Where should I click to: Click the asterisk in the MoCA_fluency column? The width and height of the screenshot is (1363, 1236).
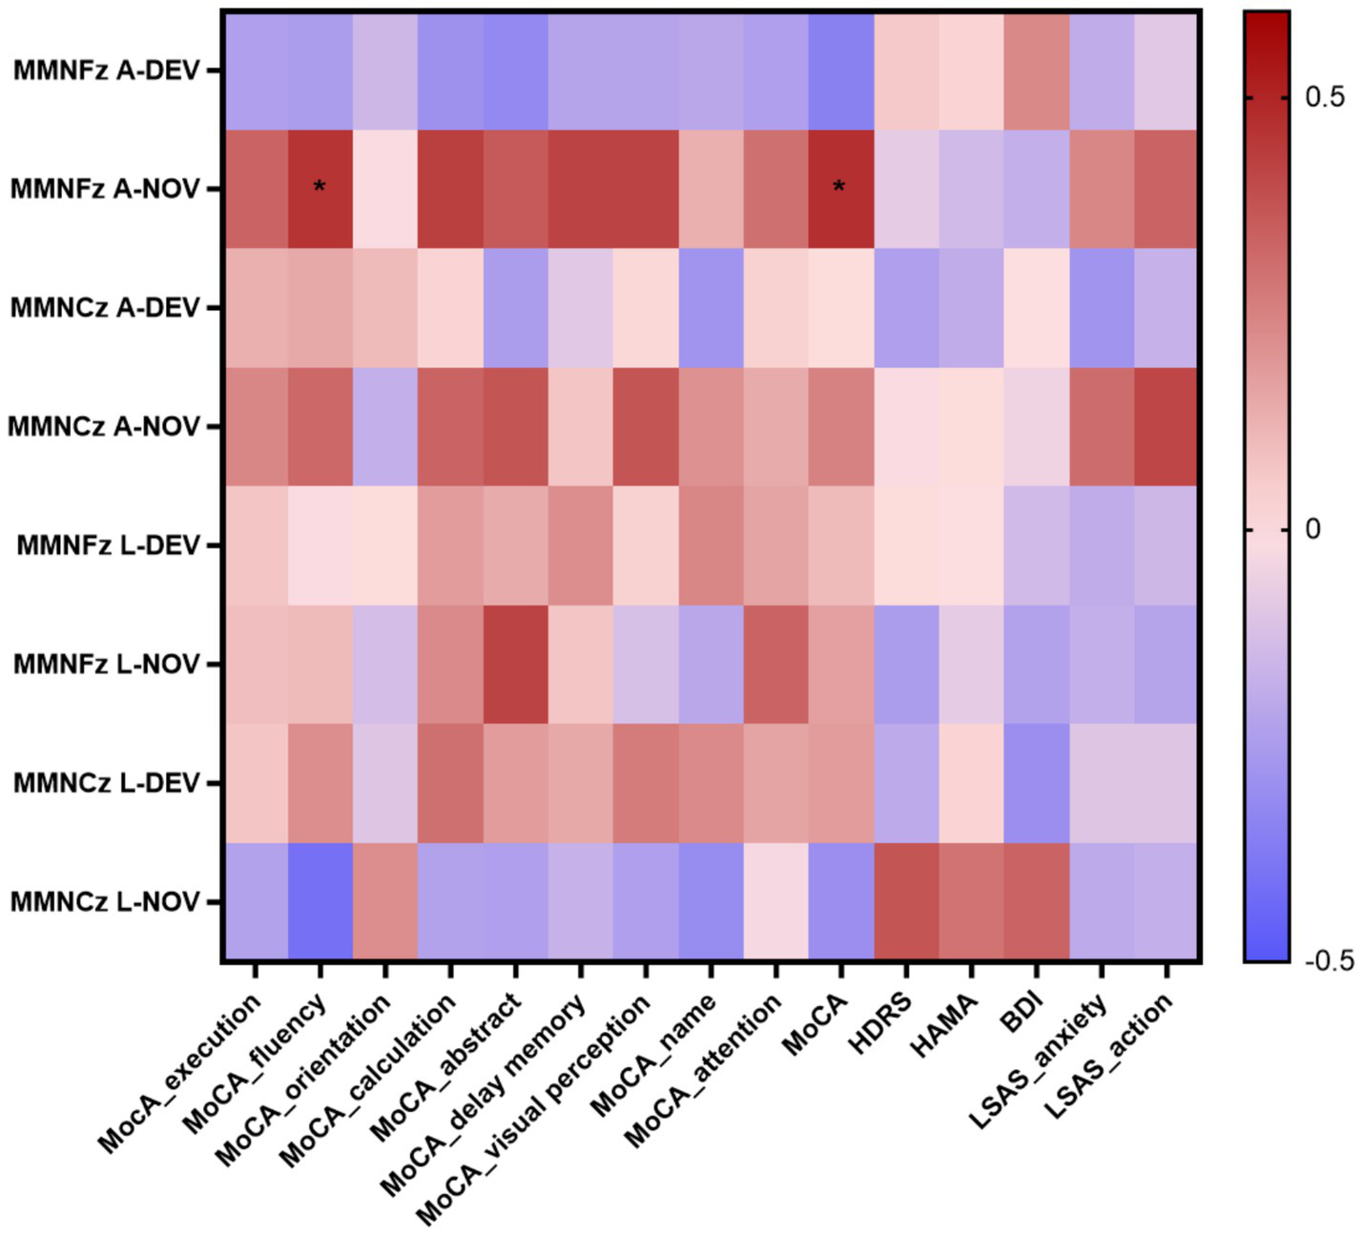coord(320,187)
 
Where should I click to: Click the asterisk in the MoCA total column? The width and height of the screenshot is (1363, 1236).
coord(838,187)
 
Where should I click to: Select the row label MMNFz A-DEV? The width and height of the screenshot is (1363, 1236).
coord(106,71)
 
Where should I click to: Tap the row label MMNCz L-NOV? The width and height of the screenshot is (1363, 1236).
coord(105,901)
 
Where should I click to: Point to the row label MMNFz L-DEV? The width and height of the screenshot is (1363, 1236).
coord(108,546)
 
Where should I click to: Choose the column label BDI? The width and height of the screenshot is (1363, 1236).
coord(1022,1012)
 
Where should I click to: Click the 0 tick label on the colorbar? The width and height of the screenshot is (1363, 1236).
coord(1312,529)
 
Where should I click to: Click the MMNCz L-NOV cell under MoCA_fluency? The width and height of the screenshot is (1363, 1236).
coord(320,901)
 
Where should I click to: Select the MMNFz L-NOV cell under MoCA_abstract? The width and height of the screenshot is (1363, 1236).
coord(515,664)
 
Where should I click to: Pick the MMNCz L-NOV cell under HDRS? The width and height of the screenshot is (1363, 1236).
coord(906,901)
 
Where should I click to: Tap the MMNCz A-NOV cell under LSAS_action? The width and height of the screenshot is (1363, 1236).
coord(1165,426)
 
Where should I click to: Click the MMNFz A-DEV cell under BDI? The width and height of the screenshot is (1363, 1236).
coord(1036,71)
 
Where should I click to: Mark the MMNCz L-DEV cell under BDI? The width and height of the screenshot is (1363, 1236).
coord(1036,783)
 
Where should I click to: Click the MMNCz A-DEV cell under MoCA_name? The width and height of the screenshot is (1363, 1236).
coord(711,308)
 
